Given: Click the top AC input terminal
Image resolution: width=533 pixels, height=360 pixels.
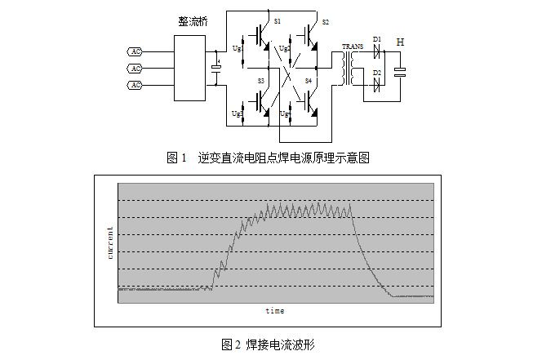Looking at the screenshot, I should [x=136, y=51].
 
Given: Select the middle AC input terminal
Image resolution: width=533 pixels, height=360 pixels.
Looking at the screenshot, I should [x=136, y=68].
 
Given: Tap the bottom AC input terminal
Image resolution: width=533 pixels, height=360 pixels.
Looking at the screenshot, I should [x=136, y=85].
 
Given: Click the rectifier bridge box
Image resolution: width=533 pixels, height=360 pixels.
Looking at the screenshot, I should [x=193, y=68].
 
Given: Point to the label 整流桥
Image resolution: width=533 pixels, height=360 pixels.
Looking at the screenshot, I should [x=193, y=21].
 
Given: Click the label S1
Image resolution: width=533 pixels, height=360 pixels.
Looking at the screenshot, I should [x=278, y=20].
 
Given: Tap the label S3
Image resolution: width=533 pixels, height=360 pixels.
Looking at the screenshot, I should [x=261, y=82].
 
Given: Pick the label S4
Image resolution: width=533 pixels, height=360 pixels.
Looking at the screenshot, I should [x=309, y=82].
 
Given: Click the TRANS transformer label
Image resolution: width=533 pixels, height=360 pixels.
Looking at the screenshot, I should [x=353, y=47].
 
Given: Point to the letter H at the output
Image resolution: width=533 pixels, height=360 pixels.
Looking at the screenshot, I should [x=400, y=42].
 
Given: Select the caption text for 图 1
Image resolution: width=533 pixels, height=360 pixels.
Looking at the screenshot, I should [x=267, y=158].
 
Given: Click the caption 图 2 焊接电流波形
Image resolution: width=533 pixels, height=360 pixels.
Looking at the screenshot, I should [x=267, y=344].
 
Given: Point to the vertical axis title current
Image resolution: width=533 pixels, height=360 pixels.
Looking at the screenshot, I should [x=110, y=242].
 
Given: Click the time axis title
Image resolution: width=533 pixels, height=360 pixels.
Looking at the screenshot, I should [x=275, y=311].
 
